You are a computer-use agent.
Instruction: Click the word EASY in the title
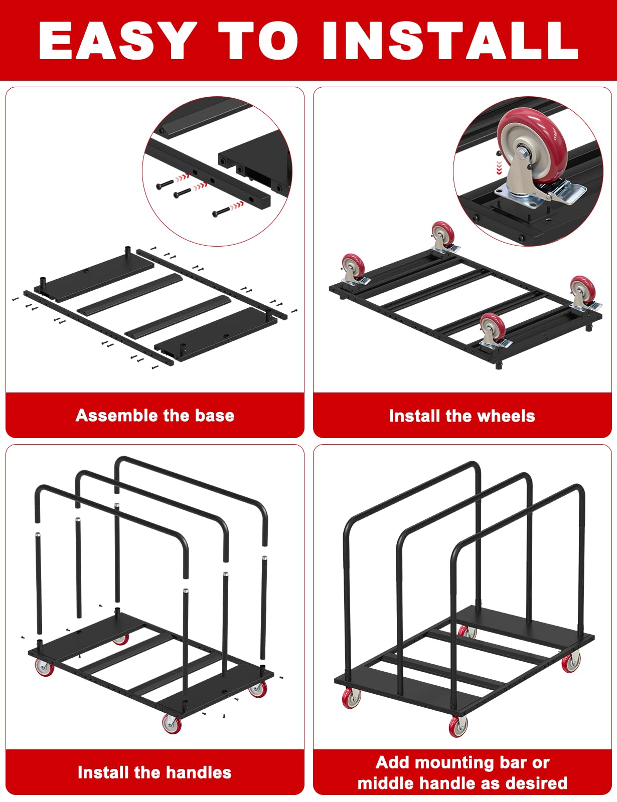(x=117, y=40)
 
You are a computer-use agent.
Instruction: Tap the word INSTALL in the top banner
(x=450, y=40)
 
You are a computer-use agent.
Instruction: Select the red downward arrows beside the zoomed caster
(x=499, y=167)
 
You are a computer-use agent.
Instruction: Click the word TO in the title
(x=258, y=40)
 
